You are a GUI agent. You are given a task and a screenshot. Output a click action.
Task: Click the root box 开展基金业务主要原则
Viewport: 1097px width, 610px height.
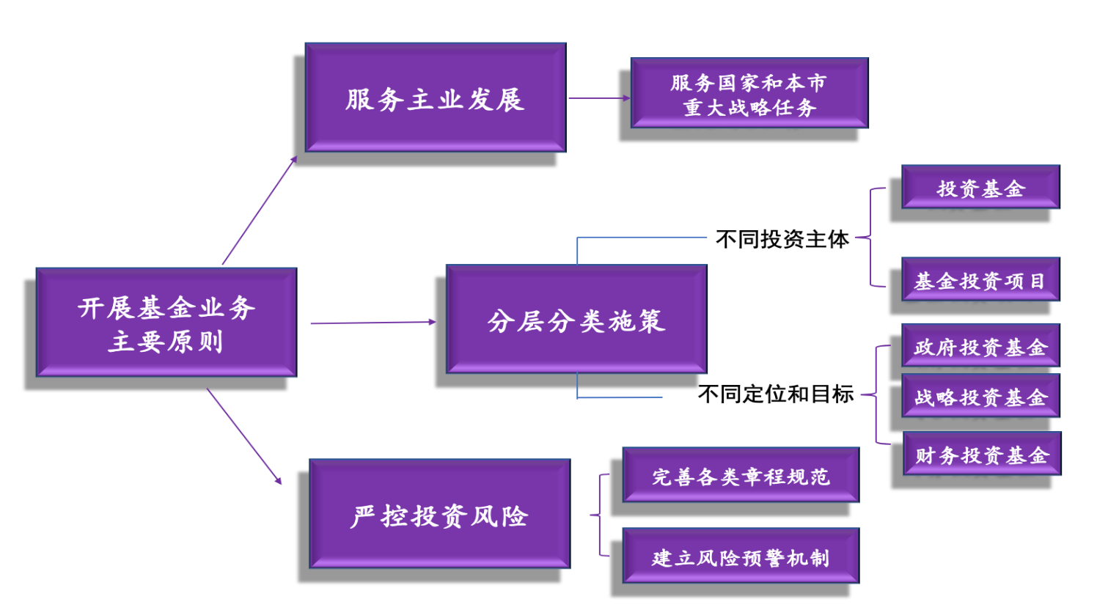coord(166,323)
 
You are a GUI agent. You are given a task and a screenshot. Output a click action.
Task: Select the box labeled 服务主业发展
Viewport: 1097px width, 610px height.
coord(436,98)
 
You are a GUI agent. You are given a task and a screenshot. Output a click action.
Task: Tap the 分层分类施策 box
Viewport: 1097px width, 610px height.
coord(576,320)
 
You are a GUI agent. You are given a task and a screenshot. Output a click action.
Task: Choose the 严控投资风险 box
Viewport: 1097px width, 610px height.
coord(439,514)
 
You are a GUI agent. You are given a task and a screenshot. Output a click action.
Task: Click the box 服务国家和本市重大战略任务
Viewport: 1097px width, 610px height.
coord(749,93)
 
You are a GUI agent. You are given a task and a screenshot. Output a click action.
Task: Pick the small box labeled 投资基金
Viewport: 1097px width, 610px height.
coord(980,187)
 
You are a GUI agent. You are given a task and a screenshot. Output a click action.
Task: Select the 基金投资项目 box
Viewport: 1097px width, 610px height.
coord(980,279)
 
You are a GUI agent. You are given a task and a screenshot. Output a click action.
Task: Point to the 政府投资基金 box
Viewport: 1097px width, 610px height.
coord(980,345)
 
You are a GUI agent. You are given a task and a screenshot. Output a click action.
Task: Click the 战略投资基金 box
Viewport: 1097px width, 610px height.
coord(980,396)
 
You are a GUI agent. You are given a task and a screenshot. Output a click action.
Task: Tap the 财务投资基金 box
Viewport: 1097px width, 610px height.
coord(982,454)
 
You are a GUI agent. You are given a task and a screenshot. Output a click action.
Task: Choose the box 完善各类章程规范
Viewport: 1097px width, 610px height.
coord(741,475)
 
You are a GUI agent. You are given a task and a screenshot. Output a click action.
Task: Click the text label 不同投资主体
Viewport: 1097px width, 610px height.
coord(782,239)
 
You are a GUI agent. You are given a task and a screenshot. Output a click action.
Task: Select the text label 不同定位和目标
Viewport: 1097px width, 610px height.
coord(776,394)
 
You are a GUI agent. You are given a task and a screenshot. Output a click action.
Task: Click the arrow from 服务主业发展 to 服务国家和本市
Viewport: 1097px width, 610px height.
coord(598,98)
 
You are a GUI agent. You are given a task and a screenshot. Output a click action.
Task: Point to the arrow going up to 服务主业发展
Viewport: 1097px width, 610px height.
coord(260,210)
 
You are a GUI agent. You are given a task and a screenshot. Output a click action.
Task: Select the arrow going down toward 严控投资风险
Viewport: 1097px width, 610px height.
coord(244,436)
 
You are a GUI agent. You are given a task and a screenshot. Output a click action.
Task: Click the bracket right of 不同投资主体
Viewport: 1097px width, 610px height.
coord(871,237)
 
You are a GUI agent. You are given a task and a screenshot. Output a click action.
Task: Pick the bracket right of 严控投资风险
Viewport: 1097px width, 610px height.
coord(601,515)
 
